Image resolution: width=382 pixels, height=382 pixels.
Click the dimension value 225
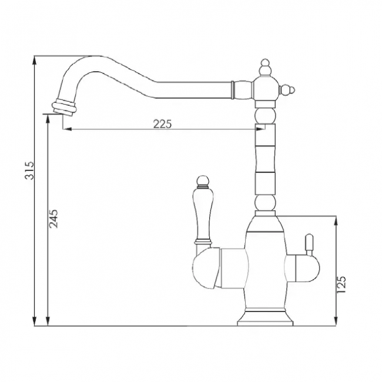coord(162,124)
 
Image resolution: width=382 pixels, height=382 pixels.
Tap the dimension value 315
coord(29,170)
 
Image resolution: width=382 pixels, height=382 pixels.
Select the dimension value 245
coord(53,219)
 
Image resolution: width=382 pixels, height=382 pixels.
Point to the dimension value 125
coord(341,284)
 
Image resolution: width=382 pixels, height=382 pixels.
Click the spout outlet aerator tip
coord(63,107)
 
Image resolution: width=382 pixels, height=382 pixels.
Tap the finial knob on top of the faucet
coord(265,67)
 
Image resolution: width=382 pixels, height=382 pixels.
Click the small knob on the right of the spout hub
coord(287,91)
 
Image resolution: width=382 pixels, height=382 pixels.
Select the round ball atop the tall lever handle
coord(203,180)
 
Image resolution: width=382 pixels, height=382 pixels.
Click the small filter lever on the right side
coord(309,244)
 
